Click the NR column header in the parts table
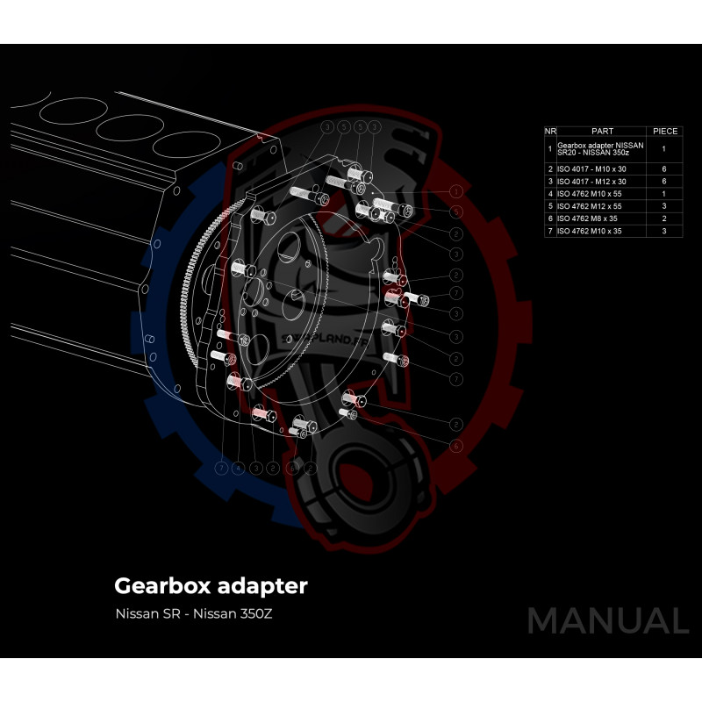tap(550, 131)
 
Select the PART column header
tap(603, 131)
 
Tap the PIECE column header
tap(664, 131)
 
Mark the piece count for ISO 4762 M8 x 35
tap(664, 218)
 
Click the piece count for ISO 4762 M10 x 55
tap(664, 193)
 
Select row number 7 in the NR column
tap(550, 230)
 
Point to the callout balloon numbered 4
tap(238, 469)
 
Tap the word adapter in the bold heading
tap(263, 585)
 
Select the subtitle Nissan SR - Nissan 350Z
tap(194, 613)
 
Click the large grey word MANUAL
tap(607, 620)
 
